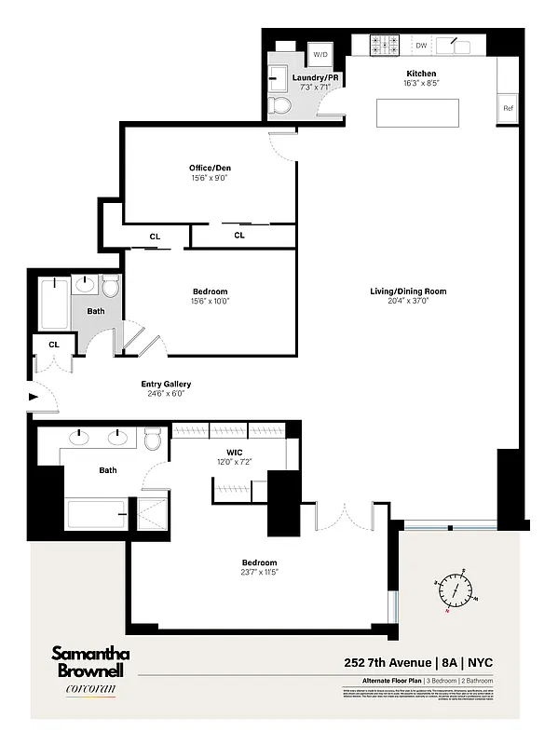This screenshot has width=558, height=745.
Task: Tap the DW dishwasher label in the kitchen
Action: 421,45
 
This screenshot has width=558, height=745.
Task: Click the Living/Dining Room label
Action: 408,291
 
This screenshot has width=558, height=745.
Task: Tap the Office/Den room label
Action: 210,169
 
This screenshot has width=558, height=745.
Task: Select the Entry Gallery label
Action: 166,384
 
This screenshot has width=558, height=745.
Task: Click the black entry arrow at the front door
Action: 34,398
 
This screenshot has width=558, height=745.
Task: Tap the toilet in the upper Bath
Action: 111,286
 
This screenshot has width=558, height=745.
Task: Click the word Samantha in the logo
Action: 90,654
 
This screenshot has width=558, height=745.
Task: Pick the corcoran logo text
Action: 90,690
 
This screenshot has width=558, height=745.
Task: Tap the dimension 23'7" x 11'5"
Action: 259,574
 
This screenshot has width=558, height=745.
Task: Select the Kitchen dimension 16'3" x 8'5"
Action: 421,84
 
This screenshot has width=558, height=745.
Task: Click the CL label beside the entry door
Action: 54,344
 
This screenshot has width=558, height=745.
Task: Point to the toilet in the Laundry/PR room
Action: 279,104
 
